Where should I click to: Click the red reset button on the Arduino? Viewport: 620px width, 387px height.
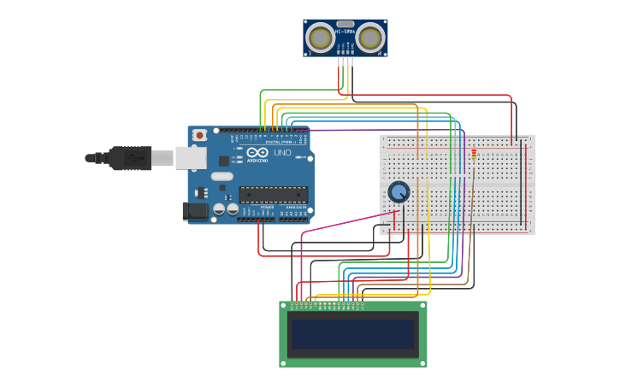199,135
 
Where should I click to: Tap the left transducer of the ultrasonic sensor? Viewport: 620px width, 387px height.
321,38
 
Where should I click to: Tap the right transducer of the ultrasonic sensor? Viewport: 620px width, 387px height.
369,38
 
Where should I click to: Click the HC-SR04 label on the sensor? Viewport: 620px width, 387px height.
345,32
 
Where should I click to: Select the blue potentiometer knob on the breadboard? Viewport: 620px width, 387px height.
399,192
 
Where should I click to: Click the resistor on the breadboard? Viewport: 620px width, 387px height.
474,155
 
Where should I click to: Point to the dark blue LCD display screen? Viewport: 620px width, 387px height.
353,334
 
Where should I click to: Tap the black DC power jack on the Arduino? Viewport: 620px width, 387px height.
195,210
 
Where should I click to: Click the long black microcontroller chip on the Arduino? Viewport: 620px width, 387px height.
273,195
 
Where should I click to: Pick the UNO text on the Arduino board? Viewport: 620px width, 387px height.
282,153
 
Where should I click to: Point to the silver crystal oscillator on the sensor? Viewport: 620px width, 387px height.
345,24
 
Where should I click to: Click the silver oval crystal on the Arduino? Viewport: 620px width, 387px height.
221,177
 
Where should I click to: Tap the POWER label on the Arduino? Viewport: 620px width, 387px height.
267,207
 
